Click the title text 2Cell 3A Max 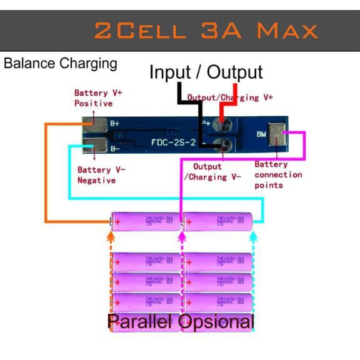tap(206, 30)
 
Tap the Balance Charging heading tap(61, 63)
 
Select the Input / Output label tap(206, 72)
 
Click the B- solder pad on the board tap(99, 148)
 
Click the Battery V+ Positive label tap(97, 97)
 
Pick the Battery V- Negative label tap(101, 175)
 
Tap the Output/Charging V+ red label tap(230, 97)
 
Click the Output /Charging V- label tap(212, 172)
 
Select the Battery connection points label tap(278, 175)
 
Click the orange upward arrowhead tap(111, 237)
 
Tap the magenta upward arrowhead tap(182, 237)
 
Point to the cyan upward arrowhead tap(253, 237)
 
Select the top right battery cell tap(218, 221)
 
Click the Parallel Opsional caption tap(181, 322)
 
